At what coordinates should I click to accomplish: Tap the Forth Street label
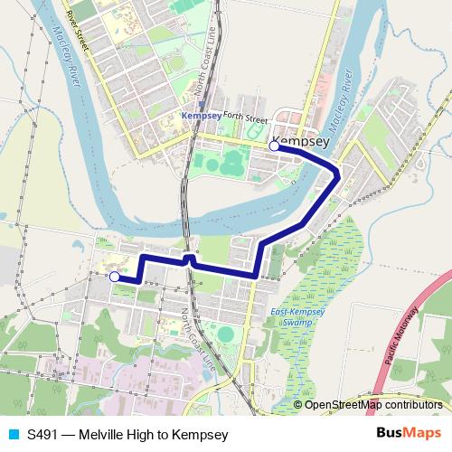(x=246, y=118)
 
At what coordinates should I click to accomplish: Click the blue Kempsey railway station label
(x=201, y=117)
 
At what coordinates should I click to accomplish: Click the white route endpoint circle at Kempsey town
(x=274, y=145)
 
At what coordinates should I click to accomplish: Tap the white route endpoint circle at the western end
(x=114, y=277)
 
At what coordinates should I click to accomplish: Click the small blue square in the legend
(x=12, y=435)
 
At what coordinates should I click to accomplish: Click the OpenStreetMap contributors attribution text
(x=374, y=405)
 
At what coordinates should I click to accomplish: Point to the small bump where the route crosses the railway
(x=188, y=259)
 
